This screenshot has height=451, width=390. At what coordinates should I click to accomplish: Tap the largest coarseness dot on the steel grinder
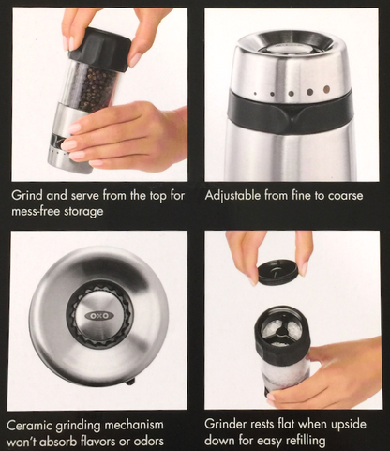point(327,90)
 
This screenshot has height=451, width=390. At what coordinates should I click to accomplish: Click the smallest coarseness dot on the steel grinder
point(256,93)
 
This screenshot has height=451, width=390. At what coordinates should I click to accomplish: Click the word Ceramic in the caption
point(30,426)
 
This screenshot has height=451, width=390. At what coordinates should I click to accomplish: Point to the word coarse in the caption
point(345,196)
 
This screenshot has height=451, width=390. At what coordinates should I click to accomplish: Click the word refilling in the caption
point(306,441)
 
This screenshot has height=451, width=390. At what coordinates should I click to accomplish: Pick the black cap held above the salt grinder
point(277,271)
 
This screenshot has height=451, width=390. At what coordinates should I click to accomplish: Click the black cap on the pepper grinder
point(100,49)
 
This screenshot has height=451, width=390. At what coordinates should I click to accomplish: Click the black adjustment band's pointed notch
point(292,118)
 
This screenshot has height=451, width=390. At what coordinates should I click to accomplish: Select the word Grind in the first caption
point(27,196)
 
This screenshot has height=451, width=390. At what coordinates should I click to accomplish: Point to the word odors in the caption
point(149,442)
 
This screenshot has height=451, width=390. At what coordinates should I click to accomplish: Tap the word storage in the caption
point(83,212)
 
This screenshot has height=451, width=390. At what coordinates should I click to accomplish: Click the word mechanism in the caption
point(134,426)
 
